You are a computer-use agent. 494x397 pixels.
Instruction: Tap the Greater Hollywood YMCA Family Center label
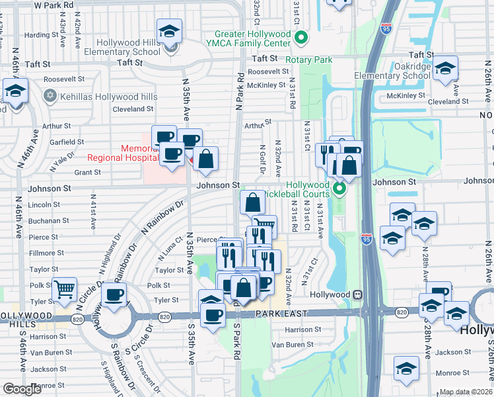(252, 38)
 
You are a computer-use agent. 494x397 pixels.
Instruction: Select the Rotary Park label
(308, 60)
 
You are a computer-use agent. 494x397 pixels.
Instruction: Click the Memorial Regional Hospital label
(121, 153)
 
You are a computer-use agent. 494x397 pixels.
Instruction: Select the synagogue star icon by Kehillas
(49, 97)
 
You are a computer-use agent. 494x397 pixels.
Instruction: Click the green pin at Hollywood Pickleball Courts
(340, 190)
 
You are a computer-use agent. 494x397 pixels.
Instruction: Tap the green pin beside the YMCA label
(301, 38)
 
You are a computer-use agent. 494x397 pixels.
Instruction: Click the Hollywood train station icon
(357, 294)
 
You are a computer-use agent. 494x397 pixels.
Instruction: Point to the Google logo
(22, 389)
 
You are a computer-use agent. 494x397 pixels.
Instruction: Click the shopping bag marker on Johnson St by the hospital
(206, 159)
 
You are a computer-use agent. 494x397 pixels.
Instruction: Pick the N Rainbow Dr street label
(162, 218)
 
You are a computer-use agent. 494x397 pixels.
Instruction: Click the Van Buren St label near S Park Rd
(293, 345)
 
